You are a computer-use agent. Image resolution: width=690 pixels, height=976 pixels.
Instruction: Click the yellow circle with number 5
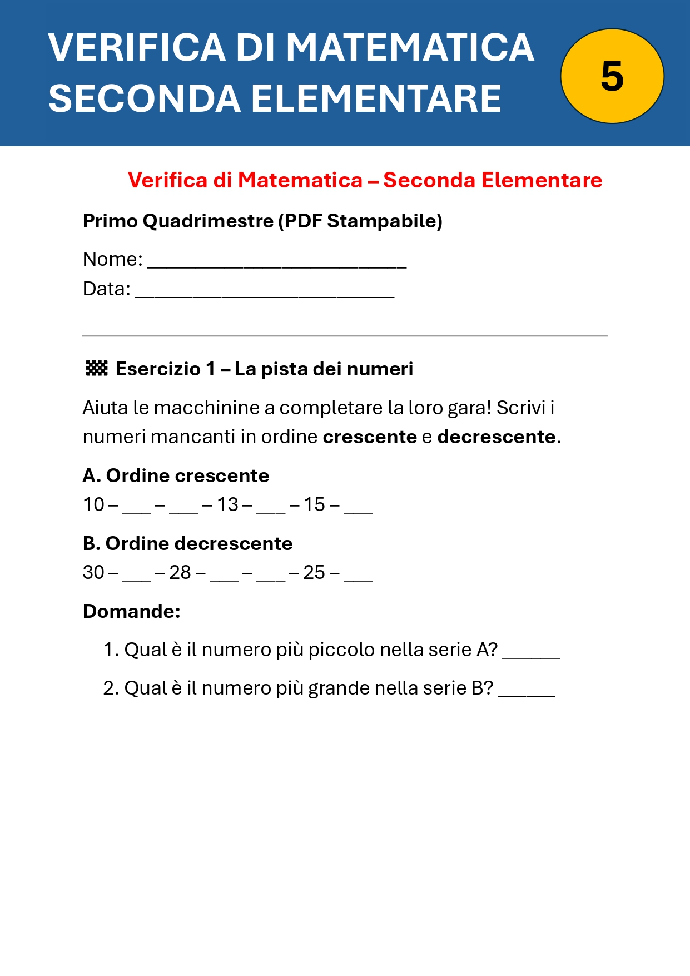pyautogui.click(x=612, y=76)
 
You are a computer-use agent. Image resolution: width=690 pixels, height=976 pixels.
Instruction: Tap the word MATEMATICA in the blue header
pyautogui.click(x=410, y=47)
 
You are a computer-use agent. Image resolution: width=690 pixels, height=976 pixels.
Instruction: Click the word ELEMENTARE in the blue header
pyautogui.click(x=376, y=99)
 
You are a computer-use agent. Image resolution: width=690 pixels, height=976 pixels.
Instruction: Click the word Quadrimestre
pyautogui.click(x=208, y=221)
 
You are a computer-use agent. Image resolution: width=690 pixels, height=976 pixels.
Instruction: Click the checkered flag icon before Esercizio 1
pyautogui.click(x=96, y=368)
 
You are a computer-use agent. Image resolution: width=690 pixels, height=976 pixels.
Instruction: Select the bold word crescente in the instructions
pyautogui.click(x=370, y=437)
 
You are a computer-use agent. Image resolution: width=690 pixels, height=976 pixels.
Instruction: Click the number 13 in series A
pyautogui.click(x=227, y=504)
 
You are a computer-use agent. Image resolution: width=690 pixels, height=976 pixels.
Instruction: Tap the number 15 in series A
pyautogui.click(x=314, y=504)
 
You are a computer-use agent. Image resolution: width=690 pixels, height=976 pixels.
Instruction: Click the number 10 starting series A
pyautogui.click(x=93, y=504)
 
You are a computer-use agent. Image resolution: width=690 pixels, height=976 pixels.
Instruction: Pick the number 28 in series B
pyautogui.click(x=180, y=572)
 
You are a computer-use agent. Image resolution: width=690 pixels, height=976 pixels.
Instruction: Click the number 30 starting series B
pyautogui.click(x=93, y=572)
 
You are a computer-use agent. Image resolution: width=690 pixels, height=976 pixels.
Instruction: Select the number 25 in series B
pyautogui.click(x=314, y=572)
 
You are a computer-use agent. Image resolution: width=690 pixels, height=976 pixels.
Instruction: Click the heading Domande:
pyautogui.click(x=132, y=611)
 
